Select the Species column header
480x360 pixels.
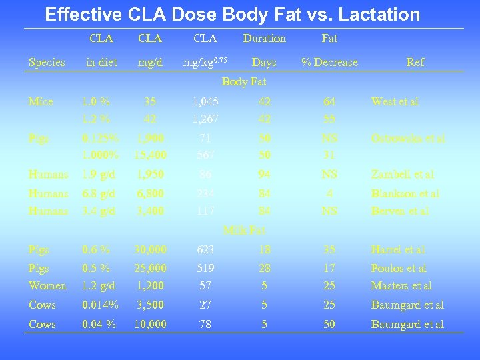[47, 63]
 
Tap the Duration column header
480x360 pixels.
[264, 39]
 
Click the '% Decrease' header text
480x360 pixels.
[329, 63]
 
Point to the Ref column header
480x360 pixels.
[415, 63]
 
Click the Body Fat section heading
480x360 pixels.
[243, 81]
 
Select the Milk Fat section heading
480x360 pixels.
[243, 230]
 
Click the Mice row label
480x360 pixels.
[41, 102]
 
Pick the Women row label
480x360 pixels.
[47, 285]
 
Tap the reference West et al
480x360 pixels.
[395, 102]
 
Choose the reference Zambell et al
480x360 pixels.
[402, 175]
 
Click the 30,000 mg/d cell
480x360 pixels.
[150, 250]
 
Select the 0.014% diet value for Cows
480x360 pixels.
[100, 305]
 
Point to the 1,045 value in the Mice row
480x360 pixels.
[205, 102]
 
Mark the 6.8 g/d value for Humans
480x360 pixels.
[99, 194]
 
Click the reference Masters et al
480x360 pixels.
[401, 285]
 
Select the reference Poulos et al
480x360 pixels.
[399, 269]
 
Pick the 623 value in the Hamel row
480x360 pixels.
[205, 250]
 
